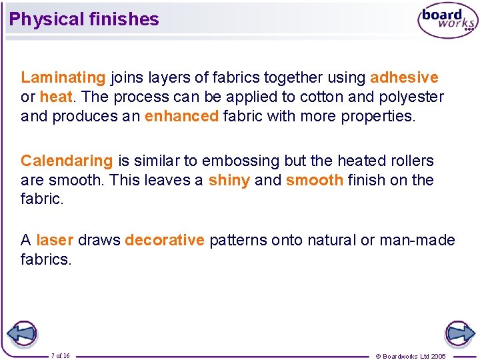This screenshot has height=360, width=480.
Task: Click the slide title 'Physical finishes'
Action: [x=84, y=19]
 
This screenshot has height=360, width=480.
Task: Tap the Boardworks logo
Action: [x=448, y=21]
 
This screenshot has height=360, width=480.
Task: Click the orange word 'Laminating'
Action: [x=63, y=78]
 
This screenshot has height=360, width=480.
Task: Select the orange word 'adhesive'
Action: [x=404, y=78]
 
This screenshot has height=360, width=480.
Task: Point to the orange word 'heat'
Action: [x=55, y=97]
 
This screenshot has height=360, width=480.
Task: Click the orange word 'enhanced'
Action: [x=181, y=117]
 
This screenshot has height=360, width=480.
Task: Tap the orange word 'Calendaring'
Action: [x=67, y=161]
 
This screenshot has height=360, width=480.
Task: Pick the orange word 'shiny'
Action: [x=229, y=180]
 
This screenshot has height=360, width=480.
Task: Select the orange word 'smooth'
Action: [x=314, y=180]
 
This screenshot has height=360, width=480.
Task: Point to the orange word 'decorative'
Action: [x=164, y=240]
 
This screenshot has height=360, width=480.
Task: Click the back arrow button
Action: [x=22, y=333]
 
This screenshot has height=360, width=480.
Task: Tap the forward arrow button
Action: [x=459, y=333]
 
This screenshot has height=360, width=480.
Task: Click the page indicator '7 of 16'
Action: [x=60, y=355]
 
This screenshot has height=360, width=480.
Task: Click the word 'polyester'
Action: [x=411, y=97]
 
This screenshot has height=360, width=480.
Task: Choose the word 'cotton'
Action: [x=321, y=97]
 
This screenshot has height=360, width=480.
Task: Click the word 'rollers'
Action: [x=411, y=161]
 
